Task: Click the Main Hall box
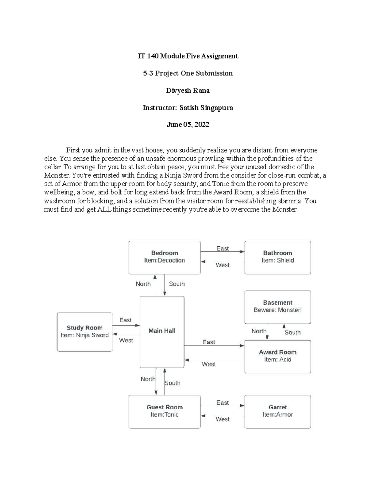click(162, 332)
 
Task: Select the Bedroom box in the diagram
click(164, 257)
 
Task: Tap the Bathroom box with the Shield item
click(278, 257)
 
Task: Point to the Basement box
click(278, 306)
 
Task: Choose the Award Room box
click(278, 356)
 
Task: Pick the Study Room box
click(85, 332)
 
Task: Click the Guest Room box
click(164, 411)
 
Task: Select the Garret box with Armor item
click(278, 411)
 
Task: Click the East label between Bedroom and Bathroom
click(222, 248)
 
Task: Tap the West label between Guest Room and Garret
click(222, 419)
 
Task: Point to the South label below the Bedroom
click(177, 284)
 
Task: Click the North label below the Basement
click(259, 331)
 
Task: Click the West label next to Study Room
click(126, 340)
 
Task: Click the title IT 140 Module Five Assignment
click(188, 56)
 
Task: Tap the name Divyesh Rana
click(188, 90)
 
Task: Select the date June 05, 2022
click(188, 125)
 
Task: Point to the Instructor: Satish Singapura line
click(188, 108)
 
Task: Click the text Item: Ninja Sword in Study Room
click(85, 335)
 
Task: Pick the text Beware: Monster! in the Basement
click(278, 310)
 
